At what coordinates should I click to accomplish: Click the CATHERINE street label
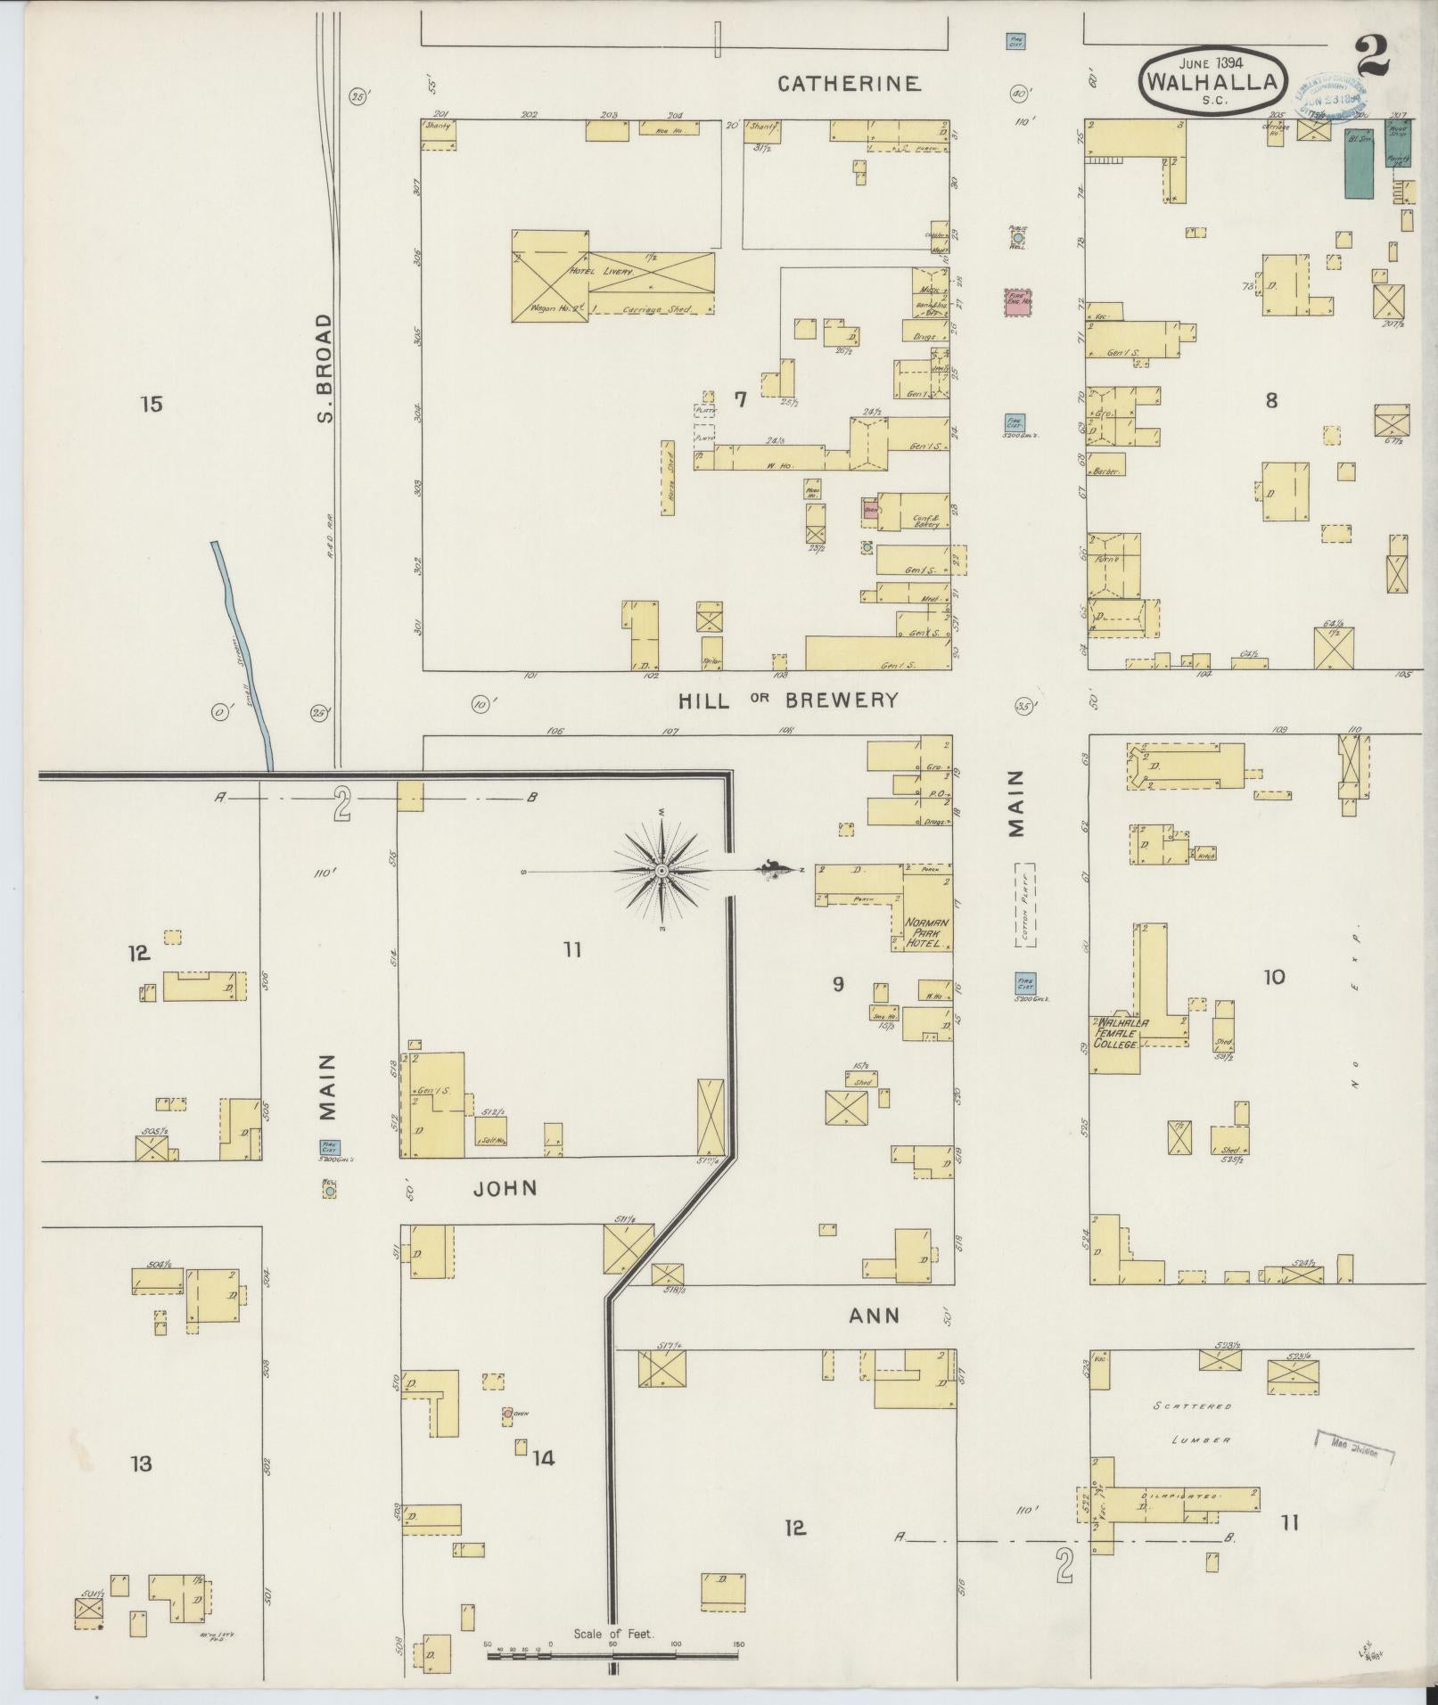[848, 84]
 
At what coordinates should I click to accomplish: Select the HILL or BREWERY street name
[788, 701]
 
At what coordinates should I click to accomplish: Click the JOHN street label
[505, 1188]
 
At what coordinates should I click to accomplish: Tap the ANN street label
[873, 1316]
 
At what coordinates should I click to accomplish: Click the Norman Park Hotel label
[927, 932]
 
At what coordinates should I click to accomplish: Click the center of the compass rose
[661, 870]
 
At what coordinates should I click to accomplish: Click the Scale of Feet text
[613, 1634]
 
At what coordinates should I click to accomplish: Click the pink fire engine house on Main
[1017, 301]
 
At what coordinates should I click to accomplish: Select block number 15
[152, 405]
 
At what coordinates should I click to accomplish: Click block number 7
[739, 400]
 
